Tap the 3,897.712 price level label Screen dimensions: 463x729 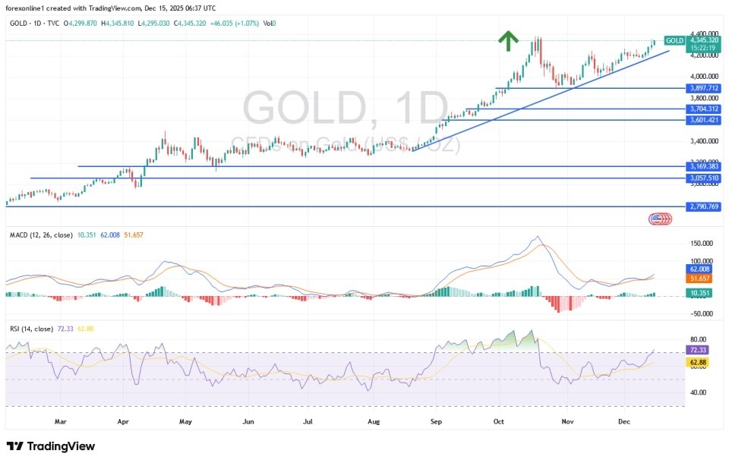[x=705, y=88]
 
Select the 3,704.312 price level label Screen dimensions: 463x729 [x=705, y=109]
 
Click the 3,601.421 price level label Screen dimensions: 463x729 [x=705, y=120]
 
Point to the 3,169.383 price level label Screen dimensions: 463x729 [x=705, y=166]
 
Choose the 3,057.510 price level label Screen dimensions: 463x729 [x=705, y=178]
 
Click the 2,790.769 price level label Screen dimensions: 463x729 [x=705, y=206]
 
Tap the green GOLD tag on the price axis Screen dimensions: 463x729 [x=674, y=40]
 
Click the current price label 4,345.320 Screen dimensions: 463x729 [x=705, y=40]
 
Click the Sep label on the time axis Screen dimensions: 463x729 [x=436, y=419]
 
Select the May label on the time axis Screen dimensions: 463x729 [x=185, y=419]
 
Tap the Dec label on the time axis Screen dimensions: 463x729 [x=624, y=419]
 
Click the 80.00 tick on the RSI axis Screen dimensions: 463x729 [x=699, y=339]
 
